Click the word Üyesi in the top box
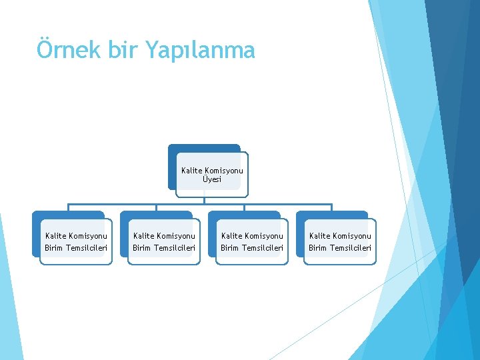(x=212, y=179)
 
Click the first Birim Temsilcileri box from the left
(x=75, y=241)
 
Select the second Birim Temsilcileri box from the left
(x=163, y=241)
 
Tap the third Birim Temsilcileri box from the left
(x=251, y=241)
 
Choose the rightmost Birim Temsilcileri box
(x=339, y=241)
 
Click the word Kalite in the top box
(x=191, y=171)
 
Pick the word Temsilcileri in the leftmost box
(x=87, y=249)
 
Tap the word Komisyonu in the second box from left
(x=175, y=235)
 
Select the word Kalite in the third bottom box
(x=231, y=235)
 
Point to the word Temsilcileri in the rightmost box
(x=351, y=249)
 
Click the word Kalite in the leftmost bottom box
(x=55, y=235)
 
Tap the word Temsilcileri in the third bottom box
(x=263, y=249)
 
